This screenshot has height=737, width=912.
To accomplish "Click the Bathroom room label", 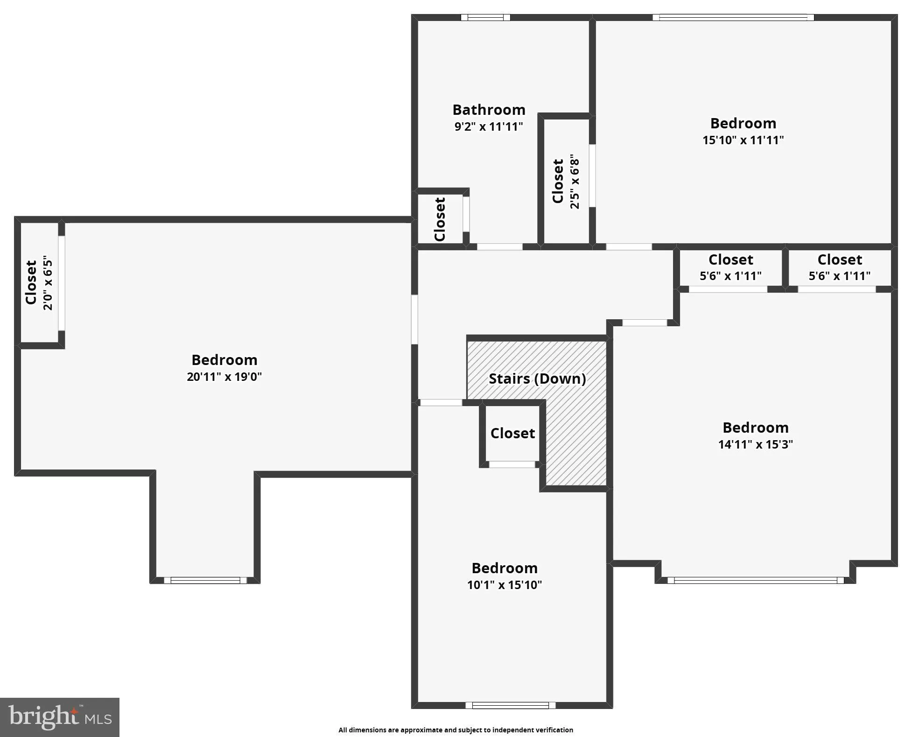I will (x=489, y=110).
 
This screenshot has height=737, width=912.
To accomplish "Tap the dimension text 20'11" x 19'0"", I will (x=224, y=377).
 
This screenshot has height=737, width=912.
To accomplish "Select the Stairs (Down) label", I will (x=537, y=379).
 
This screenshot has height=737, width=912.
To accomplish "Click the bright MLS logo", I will (x=60, y=716).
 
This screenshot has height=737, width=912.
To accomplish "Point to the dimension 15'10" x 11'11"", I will (x=743, y=140).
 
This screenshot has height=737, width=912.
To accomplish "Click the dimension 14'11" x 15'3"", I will (x=755, y=444).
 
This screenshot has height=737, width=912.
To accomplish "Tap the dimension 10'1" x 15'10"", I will (x=505, y=585).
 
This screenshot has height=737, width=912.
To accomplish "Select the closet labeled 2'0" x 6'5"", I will (x=38, y=282).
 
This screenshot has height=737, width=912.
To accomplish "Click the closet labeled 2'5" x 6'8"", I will (x=565, y=181).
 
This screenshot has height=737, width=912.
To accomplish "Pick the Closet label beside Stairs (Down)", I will (x=512, y=433).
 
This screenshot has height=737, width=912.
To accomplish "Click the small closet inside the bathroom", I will (x=440, y=219).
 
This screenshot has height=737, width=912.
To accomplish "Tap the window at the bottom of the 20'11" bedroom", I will (x=205, y=581).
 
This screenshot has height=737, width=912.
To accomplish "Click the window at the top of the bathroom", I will (x=485, y=18).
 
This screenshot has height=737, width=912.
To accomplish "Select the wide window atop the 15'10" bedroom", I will (x=733, y=18).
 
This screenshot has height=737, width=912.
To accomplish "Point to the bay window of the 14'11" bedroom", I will (x=755, y=581).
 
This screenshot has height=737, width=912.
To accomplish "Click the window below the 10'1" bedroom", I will (x=511, y=705).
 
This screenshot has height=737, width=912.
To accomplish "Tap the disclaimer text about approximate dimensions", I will (x=456, y=730).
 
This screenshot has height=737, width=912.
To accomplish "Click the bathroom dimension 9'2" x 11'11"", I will (x=489, y=126).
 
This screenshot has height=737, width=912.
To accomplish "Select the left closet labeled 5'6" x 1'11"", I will (x=730, y=267).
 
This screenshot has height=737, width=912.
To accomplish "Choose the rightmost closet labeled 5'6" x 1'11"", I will (x=839, y=267).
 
